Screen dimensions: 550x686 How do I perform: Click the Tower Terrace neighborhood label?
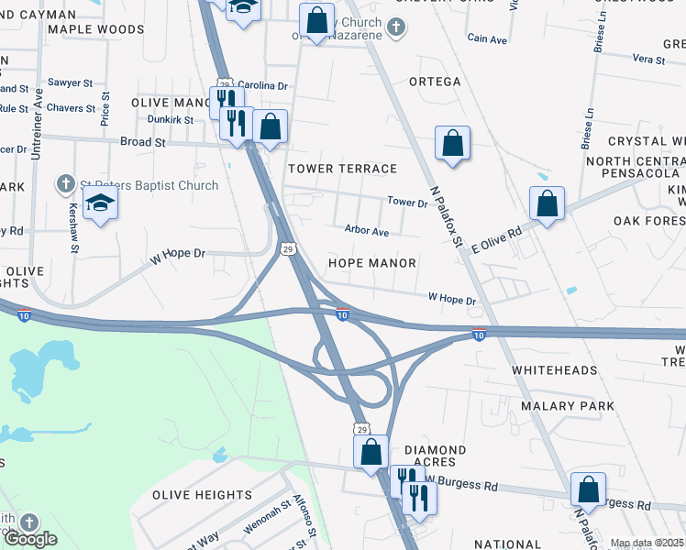coord(342,169)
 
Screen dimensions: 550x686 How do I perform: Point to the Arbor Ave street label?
coord(367,231)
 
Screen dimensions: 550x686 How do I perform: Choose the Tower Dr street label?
coord(407,202)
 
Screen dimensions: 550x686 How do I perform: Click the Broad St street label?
coord(142,142)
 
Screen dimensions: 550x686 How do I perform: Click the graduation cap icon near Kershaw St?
coord(101,203)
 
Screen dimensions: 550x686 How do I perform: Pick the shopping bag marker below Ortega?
coord(452,143)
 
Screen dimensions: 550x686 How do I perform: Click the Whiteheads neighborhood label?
coord(555,370)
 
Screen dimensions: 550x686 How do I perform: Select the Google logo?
coord(30,539)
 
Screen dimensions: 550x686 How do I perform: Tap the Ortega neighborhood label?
coord(435,82)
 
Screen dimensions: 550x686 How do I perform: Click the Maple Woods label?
coord(96,29)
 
